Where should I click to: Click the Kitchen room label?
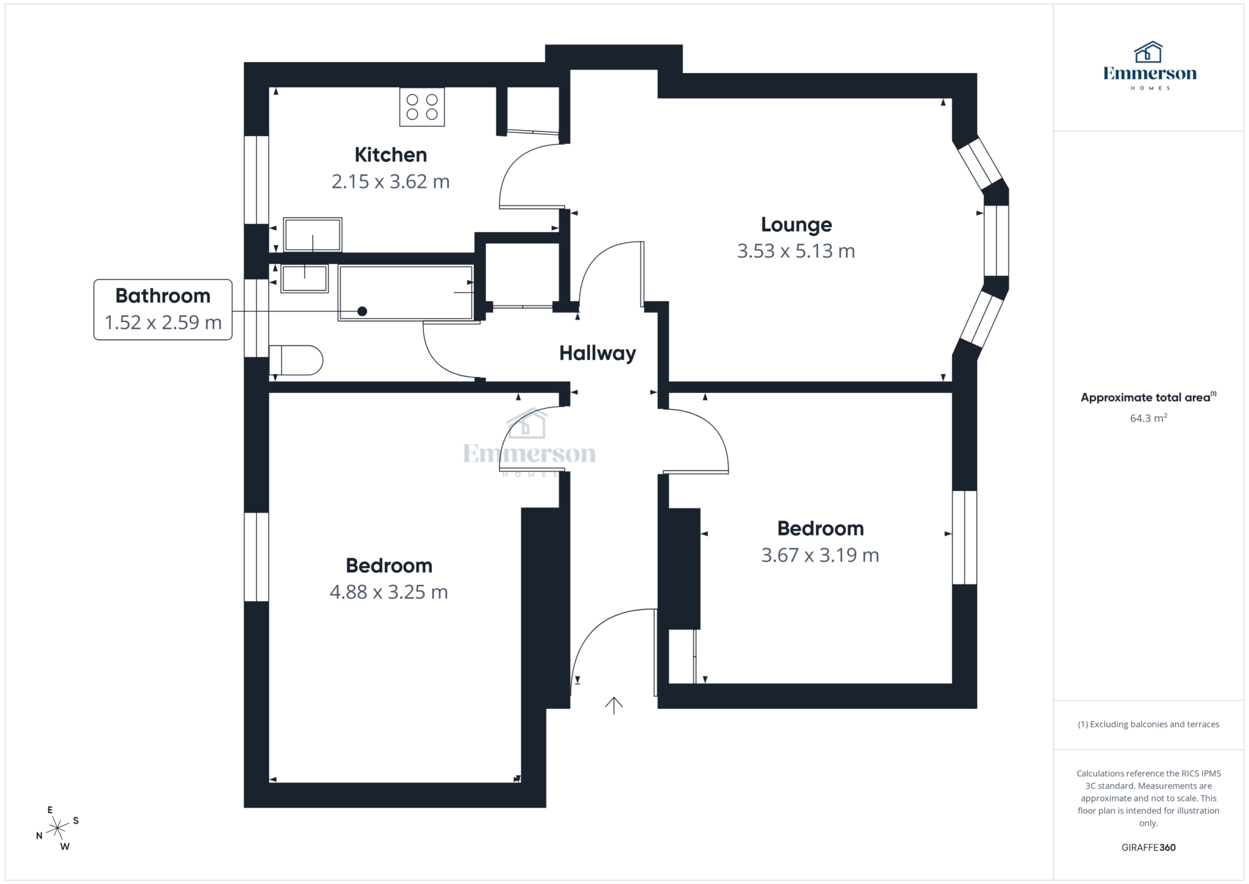point(390,155)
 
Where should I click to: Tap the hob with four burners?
point(422,107)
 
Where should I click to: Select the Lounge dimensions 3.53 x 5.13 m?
point(796,251)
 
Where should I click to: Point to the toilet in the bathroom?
point(296,360)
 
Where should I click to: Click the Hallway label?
point(597,353)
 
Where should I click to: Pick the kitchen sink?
point(313,234)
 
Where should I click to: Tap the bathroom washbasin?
point(304,278)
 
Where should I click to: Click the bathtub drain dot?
point(362,311)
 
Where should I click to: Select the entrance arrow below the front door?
point(614,705)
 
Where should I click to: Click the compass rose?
point(57,828)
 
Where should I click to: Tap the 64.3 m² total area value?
point(1148,418)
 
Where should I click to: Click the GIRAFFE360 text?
point(1148,847)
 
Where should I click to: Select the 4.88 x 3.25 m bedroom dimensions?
point(388,592)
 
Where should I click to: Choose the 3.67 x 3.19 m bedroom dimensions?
point(820,555)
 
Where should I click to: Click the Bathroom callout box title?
point(163,296)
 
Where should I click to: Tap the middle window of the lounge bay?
point(996,241)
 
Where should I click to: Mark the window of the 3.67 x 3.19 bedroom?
point(964,537)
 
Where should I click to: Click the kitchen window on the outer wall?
point(256,180)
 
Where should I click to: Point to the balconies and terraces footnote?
point(1148,724)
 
